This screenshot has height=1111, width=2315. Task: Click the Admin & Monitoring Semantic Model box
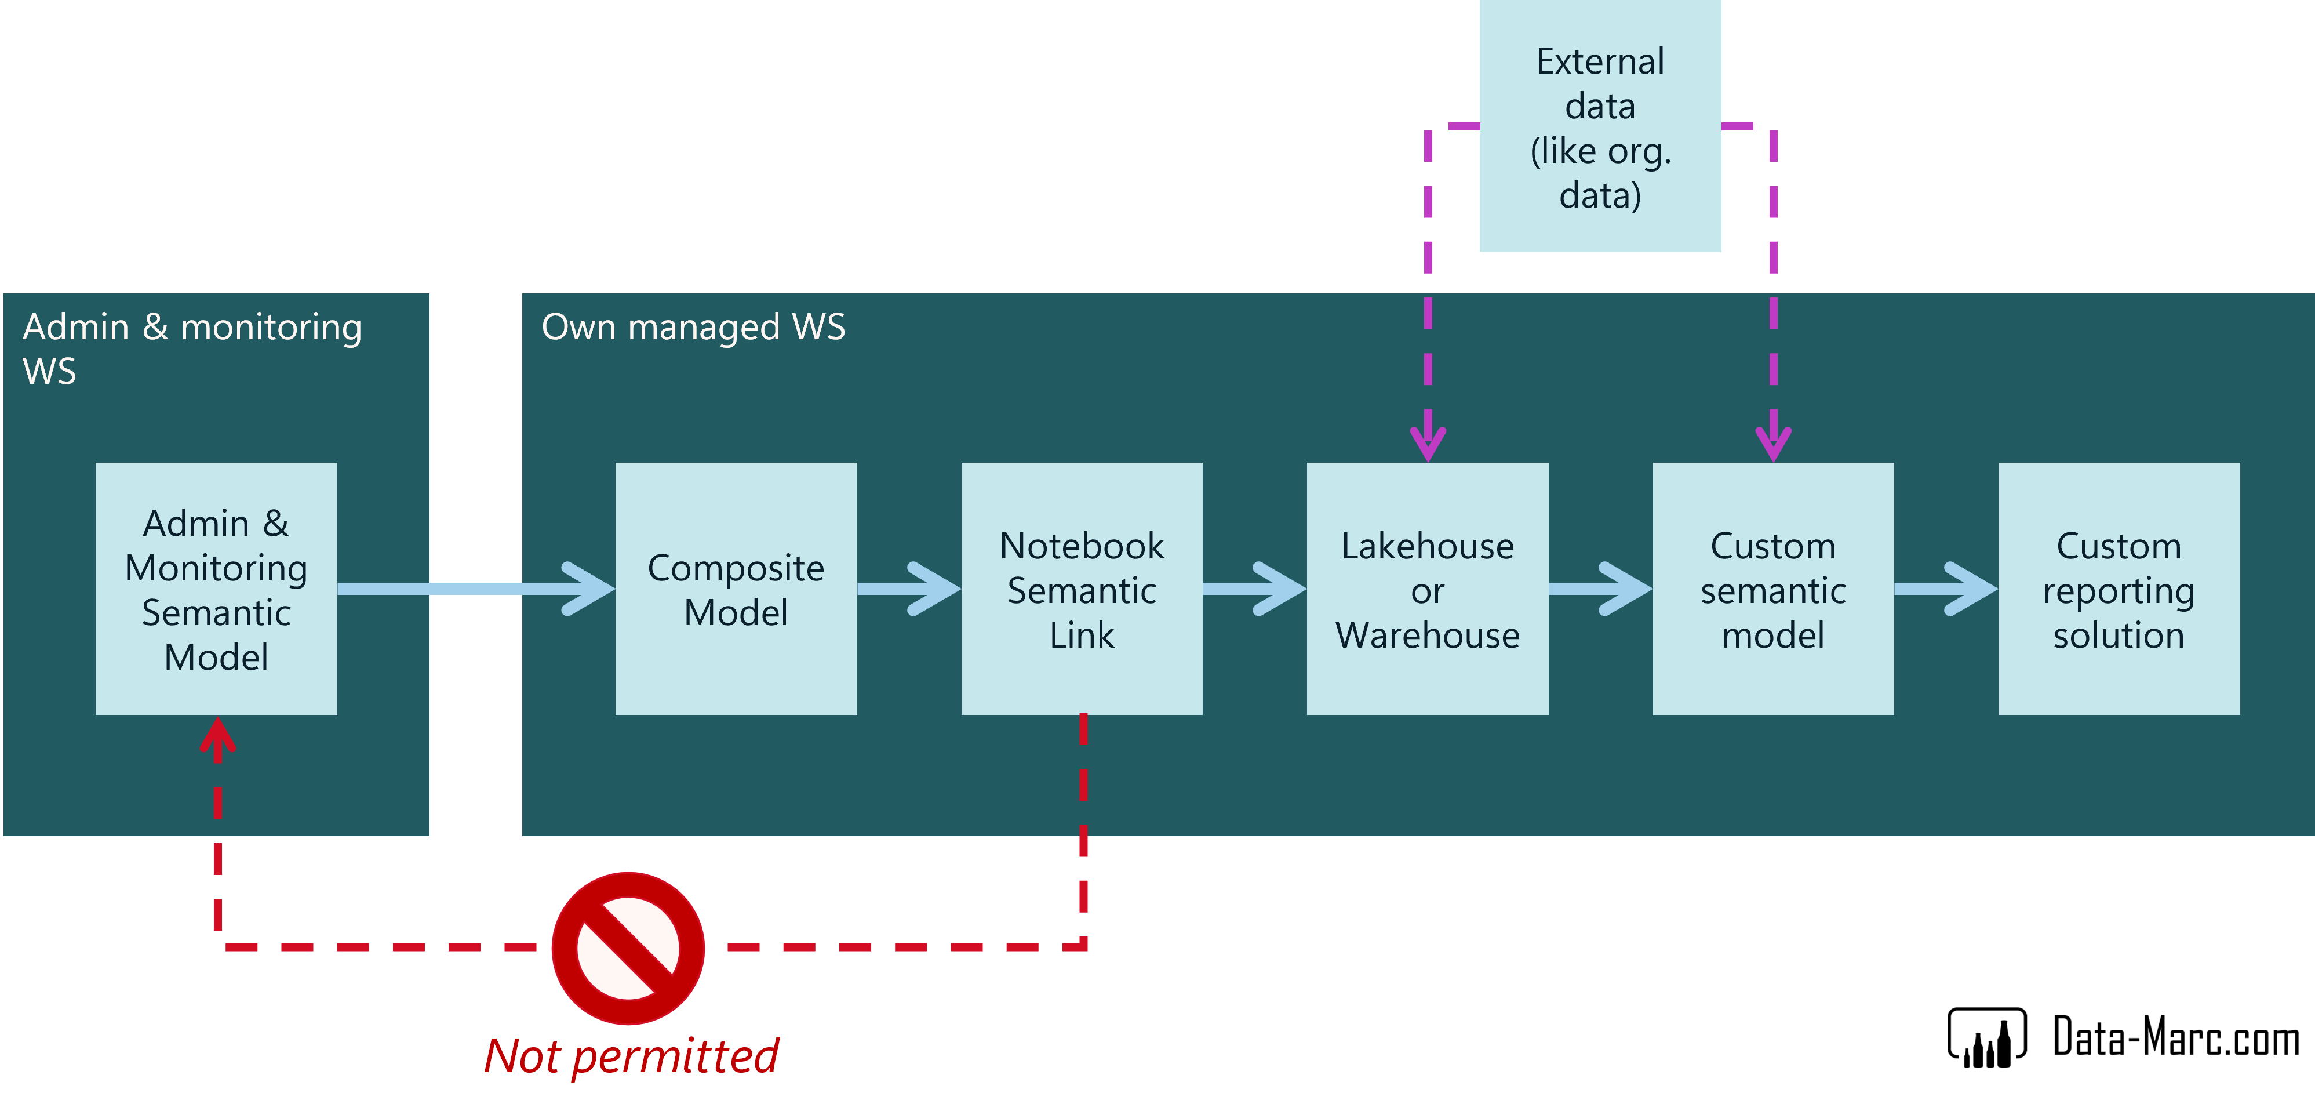tap(216, 589)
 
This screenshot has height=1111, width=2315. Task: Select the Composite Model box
tap(735, 589)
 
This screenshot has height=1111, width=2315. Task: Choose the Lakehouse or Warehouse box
tap(1427, 589)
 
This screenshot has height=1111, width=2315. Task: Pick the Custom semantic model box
tap(1772, 589)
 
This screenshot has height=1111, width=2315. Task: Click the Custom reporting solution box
tap(2118, 589)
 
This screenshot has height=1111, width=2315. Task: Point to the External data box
tap(1600, 126)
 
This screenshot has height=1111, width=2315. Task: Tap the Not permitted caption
tap(631, 1055)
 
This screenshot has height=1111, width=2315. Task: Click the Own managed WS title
tap(693, 327)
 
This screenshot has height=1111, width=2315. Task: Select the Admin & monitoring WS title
tap(191, 348)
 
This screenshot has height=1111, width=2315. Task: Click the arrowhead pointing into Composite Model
tap(589, 589)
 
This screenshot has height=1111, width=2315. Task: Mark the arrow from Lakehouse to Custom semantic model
tap(1600, 589)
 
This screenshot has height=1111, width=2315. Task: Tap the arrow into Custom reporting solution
tap(1946, 589)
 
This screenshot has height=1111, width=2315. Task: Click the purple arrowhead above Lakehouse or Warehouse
tap(1428, 441)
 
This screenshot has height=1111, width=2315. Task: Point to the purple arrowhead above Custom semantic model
tap(1773, 441)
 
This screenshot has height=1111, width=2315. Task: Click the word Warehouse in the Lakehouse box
tap(1427, 636)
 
